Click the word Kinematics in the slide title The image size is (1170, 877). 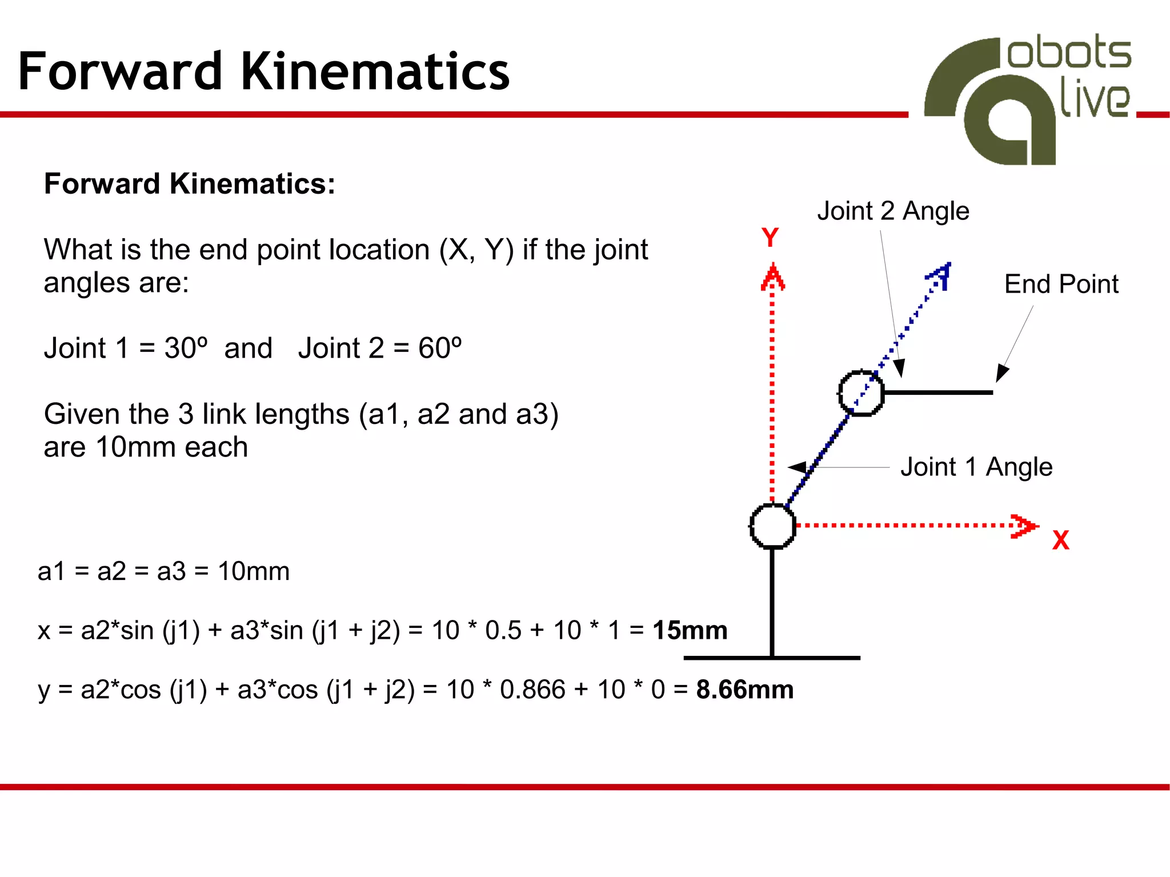[375, 71]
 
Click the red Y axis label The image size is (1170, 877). [770, 237]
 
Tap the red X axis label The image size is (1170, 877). [1060, 540]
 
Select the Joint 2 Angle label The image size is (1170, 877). [893, 211]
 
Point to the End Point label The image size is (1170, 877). [1061, 284]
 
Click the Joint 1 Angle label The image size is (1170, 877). [976, 467]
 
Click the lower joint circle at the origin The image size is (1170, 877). [772, 526]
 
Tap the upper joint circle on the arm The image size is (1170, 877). [861, 393]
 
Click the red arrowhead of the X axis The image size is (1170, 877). [1024, 526]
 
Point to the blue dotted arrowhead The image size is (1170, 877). [940, 275]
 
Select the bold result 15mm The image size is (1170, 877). [690, 630]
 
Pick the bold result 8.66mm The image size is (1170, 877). [744, 690]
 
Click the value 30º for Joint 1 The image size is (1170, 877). [186, 348]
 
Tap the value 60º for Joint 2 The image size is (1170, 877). [440, 348]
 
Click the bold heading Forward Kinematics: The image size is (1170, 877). [189, 184]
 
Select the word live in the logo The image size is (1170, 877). [1094, 101]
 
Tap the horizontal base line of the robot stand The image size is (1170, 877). [771, 658]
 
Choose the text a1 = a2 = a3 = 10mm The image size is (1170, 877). [163, 571]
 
